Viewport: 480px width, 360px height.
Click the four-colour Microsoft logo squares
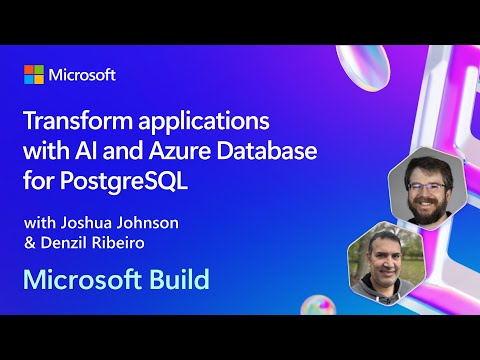(34, 75)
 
